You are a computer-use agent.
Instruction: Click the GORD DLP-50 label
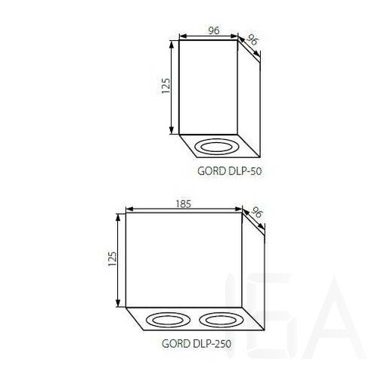tap(229, 171)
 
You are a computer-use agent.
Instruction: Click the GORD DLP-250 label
tap(197, 343)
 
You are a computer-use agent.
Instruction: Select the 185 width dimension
tap(184, 204)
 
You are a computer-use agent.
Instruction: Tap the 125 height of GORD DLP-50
tap(166, 86)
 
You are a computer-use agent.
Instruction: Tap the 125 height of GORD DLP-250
tap(113, 259)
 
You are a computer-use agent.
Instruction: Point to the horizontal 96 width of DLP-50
tap(214, 30)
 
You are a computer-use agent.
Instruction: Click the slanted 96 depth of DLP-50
tap(252, 40)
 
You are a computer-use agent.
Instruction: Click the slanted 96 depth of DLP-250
tap(256, 212)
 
